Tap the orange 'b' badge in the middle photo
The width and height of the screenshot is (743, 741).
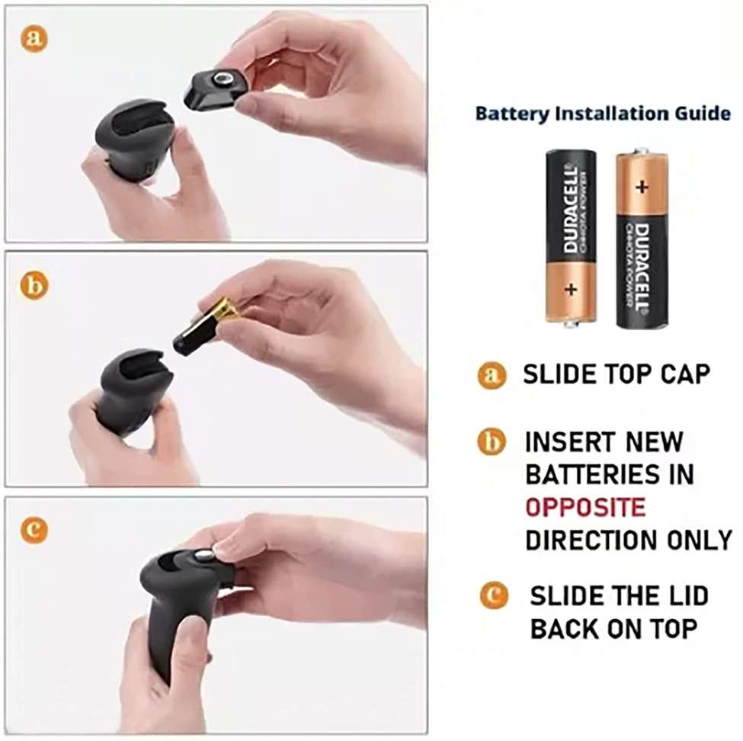pos(33,286)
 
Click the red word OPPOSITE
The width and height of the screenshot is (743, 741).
pos(585,507)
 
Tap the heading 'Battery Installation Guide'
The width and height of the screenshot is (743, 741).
pos(603,114)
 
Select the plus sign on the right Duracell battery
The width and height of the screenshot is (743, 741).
pos(642,186)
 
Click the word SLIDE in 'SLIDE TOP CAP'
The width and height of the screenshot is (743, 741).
pos(559,374)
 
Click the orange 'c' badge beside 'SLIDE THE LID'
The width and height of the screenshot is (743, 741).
pos(493,595)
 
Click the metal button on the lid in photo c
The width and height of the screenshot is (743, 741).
pos(202,558)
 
